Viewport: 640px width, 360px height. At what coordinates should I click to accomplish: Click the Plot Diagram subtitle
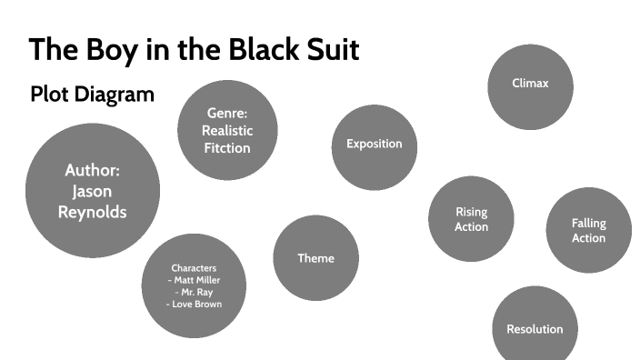click(92, 94)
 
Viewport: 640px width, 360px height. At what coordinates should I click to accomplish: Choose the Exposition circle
click(374, 144)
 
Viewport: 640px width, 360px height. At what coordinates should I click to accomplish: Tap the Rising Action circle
click(471, 219)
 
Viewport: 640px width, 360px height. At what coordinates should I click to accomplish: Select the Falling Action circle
click(588, 230)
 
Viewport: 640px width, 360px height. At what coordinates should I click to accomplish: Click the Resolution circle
click(535, 328)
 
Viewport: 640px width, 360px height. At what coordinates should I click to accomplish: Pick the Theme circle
click(315, 258)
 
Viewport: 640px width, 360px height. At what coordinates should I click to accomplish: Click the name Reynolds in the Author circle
click(92, 212)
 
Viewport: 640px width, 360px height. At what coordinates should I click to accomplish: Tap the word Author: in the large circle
click(92, 170)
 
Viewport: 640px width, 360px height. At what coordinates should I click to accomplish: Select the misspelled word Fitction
click(227, 147)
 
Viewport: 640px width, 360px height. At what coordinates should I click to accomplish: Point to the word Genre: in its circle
click(227, 114)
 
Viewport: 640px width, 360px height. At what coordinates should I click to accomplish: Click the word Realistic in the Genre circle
click(227, 130)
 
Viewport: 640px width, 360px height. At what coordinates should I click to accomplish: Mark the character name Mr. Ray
click(195, 292)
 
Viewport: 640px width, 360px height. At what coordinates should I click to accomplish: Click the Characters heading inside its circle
click(194, 268)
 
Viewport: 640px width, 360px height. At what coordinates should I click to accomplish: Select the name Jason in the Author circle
click(92, 191)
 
